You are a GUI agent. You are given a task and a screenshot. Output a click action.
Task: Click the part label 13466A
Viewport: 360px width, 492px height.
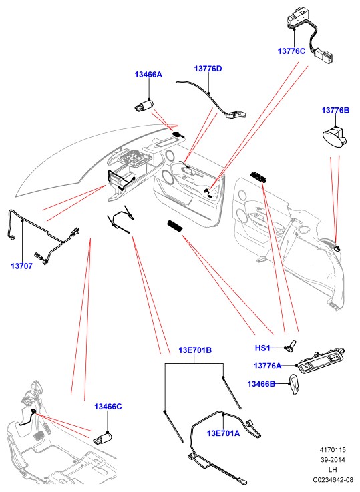click(148, 75)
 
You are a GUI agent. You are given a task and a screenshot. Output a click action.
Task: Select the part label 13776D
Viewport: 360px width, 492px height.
click(208, 69)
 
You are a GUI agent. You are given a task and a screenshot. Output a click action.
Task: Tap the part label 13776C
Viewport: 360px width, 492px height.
click(291, 51)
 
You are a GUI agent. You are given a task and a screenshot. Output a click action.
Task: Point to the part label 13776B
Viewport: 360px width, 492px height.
click(335, 110)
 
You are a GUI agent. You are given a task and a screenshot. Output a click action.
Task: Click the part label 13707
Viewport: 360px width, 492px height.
click(21, 266)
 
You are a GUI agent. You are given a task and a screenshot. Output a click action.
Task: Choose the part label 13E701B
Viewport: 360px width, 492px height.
click(195, 350)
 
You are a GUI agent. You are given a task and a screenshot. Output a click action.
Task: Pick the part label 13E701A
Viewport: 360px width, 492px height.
click(223, 433)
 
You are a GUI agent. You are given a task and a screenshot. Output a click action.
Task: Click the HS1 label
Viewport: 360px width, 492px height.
click(262, 348)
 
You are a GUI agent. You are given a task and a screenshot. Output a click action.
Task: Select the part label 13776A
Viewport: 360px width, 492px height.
click(267, 366)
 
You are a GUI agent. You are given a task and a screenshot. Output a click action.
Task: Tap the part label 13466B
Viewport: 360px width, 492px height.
click(261, 384)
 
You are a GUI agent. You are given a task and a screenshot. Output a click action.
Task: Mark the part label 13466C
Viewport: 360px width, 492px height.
click(108, 407)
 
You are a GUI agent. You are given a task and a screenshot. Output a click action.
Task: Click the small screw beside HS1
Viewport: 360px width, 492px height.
click(291, 346)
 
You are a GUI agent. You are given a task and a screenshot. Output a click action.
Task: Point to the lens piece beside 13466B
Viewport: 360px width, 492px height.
click(294, 385)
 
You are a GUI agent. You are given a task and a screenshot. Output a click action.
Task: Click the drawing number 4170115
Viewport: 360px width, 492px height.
click(333, 450)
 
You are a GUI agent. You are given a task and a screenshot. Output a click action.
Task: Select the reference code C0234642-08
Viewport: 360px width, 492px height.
click(333, 480)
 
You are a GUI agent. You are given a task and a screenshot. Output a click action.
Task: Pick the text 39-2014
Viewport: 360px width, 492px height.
click(333, 460)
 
